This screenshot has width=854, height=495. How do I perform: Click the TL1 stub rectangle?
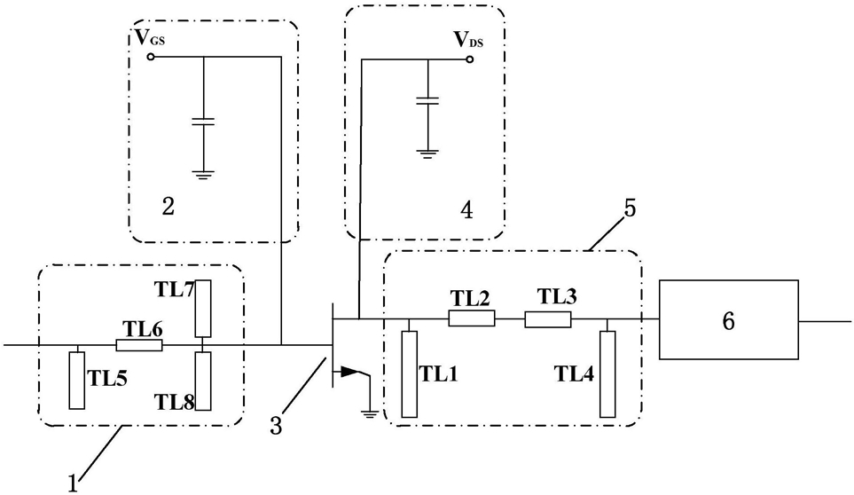point(410,374)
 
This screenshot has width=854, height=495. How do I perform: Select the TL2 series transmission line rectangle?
point(472,318)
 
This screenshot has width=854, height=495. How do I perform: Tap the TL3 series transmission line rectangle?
point(548,319)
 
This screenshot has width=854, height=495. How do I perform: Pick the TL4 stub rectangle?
point(607,374)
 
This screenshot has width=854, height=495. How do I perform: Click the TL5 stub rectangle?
point(77,380)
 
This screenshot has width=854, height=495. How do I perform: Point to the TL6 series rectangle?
point(139,345)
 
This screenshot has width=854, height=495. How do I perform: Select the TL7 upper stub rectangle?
point(202,308)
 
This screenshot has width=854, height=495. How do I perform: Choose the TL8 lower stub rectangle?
point(202,381)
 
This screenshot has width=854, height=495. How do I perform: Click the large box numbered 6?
point(729,319)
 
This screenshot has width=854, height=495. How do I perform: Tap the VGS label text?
point(150,37)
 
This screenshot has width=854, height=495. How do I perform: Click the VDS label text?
point(468,40)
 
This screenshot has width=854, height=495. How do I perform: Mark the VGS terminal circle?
point(151,56)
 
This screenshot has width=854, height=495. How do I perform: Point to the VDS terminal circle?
point(469,59)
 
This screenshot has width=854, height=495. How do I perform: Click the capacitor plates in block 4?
point(427,101)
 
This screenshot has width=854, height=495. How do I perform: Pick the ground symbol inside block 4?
point(427,153)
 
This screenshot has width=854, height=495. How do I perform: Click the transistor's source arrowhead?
point(349,373)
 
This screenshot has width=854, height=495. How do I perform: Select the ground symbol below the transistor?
point(369,414)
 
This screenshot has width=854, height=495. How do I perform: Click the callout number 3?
point(276,426)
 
